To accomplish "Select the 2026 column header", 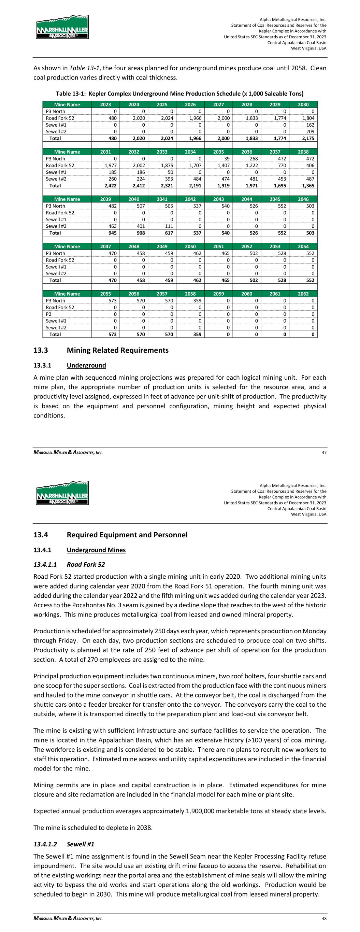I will coord(190,104).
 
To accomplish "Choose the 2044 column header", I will coord(247,199).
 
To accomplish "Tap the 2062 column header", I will coord(303,294).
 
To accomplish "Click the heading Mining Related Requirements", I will coord(118,350).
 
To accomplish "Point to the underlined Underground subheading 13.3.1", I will coord(86,365).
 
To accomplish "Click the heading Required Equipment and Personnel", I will coord(127,535).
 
